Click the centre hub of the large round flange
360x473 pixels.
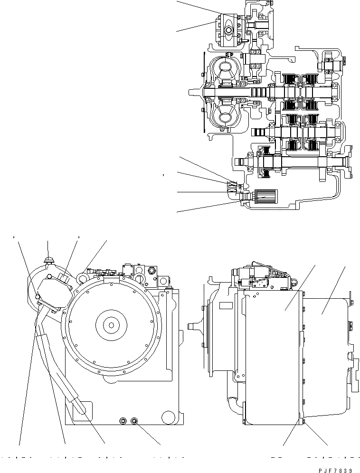coord(111,325)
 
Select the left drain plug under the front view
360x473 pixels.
coord(123,420)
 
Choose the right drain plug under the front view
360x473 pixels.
coord(134,421)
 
